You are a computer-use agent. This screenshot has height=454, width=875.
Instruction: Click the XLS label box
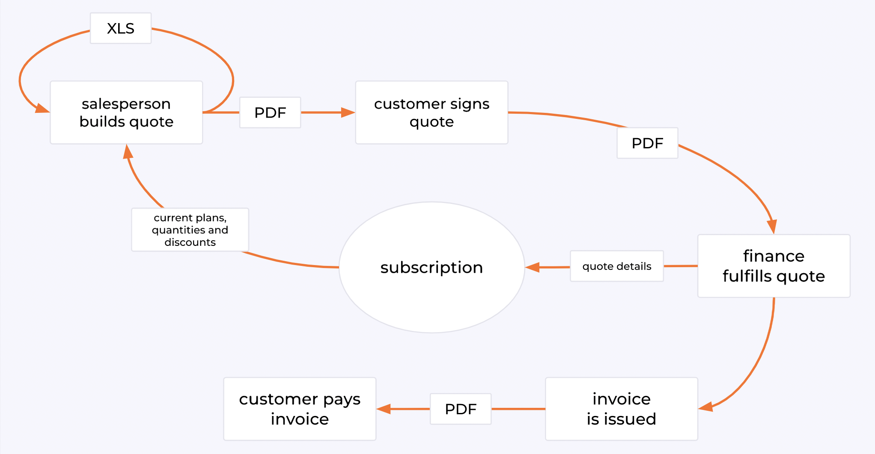point(120,28)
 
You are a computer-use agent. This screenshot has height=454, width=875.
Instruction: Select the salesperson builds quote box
point(126,112)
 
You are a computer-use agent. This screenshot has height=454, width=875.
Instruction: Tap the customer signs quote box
point(432,112)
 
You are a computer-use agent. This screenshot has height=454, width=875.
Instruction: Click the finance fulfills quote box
point(774,266)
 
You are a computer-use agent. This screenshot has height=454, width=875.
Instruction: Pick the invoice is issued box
point(621,409)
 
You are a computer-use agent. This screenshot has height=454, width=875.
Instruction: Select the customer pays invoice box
point(300,409)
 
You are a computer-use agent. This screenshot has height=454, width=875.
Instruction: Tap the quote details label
point(616,266)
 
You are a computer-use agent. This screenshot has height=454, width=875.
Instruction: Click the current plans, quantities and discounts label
point(190,230)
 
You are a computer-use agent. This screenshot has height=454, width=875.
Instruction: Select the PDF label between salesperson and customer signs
point(270,112)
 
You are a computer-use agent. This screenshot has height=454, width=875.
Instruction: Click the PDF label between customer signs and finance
point(647,143)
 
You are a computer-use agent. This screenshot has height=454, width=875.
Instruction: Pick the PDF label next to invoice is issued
point(461,409)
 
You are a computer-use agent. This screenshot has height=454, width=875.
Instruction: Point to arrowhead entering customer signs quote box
point(348,112)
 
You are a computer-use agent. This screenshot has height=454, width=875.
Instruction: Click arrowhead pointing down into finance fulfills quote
point(772,227)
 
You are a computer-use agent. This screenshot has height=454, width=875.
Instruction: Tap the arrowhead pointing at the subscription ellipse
point(533,267)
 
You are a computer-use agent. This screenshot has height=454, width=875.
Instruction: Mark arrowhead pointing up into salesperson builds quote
point(128,152)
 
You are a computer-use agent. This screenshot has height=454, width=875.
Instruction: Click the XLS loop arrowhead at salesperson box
point(42,109)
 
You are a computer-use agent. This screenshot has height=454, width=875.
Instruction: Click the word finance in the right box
point(774,256)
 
